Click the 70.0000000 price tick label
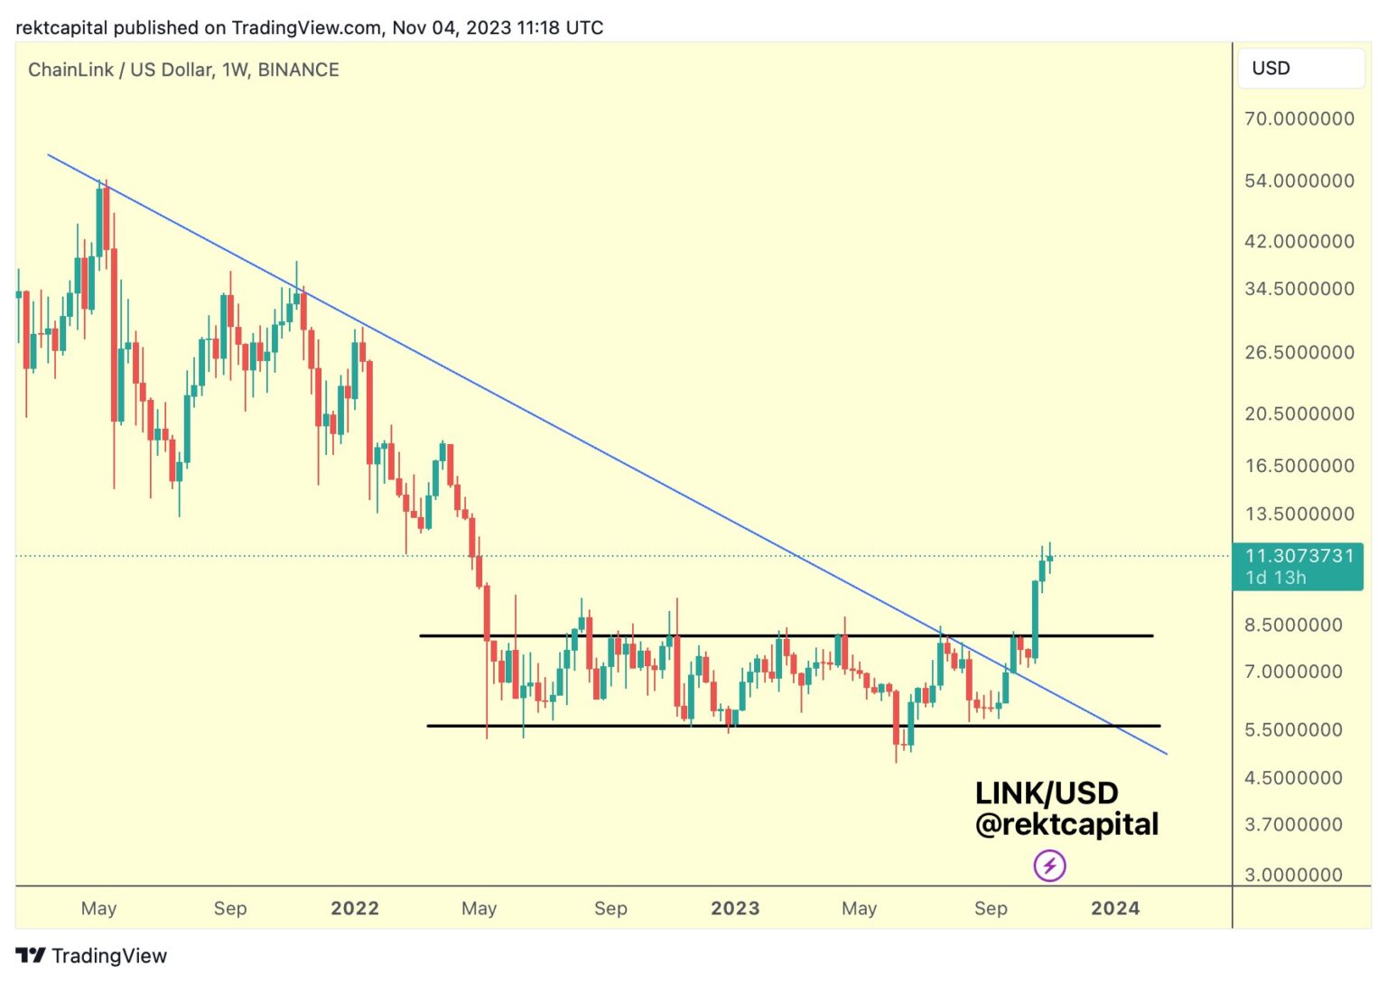coord(1299,118)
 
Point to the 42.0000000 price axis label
coord(1299,241)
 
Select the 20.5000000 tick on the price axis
coord(1299,413)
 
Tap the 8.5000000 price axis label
coord(1293,625)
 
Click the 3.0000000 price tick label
coord(1293,874)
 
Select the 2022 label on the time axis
coord(354,908)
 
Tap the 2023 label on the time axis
coord(735,908)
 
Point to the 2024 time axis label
coord(1115,908)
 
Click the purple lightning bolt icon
coord(1049,867)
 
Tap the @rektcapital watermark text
coord(1066,824)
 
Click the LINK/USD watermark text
coord(1047,793)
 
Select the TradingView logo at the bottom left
coord(91,955)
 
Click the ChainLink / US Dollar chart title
coord(183,70)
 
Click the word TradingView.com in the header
coord(306,27)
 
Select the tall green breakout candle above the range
coord(1035,619)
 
